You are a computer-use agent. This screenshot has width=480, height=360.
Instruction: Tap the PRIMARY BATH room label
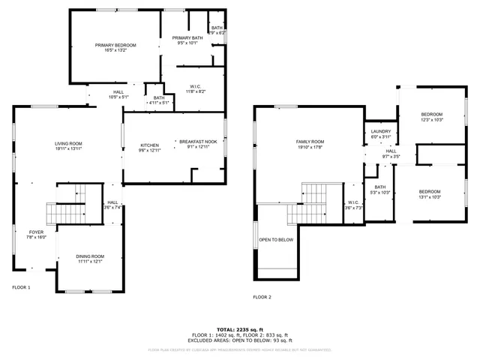click(187, 38)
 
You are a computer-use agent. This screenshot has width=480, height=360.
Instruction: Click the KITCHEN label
click(150, 145)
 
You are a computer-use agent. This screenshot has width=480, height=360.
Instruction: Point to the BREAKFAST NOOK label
click(198, 141)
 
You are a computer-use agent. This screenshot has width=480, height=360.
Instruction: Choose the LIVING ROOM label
click(68, 143)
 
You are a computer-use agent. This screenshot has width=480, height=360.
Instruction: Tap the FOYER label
click(37, 232)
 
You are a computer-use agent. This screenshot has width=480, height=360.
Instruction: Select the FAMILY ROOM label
click(310, 142)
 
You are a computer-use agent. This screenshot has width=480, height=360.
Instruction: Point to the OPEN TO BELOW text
click(276, 240)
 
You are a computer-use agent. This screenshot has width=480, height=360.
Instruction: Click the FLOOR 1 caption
click(21, 287)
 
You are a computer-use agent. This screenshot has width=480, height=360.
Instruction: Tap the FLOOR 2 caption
click(262, 298)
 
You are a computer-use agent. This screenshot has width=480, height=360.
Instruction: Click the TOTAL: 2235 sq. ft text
click(239, 329)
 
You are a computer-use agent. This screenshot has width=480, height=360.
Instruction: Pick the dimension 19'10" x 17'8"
click(310, 147)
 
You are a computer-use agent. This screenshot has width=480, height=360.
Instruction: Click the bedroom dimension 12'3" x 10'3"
click(433, 120)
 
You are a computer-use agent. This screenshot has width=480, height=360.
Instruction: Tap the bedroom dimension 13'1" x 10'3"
click(430, 196)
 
